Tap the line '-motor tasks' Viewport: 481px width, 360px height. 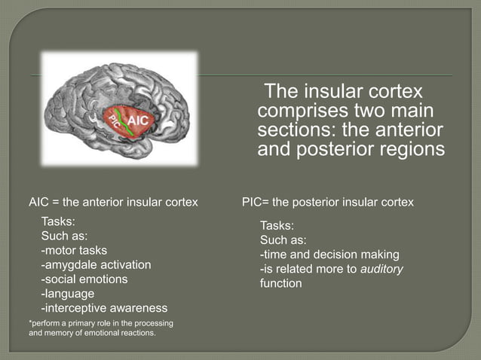[74, 249]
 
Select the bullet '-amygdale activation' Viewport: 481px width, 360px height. [96, 264]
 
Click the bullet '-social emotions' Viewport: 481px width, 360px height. [84, 279]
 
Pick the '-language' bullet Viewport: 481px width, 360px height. [68, 294]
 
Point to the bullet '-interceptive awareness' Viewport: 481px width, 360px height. [104, 308]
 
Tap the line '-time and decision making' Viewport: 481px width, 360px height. [329, 255]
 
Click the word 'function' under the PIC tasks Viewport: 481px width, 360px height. [280, 284]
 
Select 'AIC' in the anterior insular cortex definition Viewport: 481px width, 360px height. [39, 202]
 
